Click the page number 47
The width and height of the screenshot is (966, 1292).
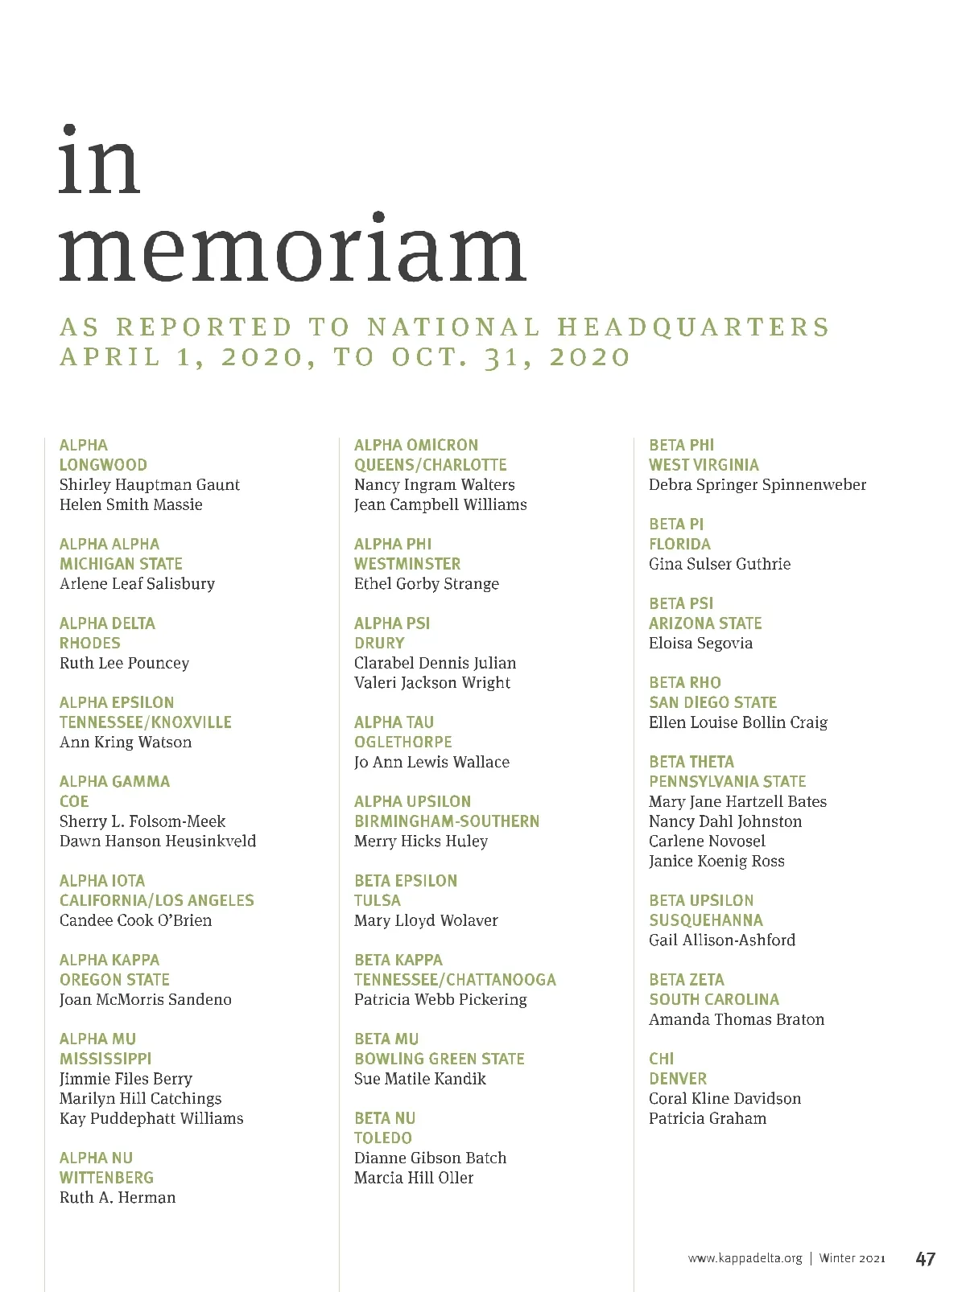pos(925,1258)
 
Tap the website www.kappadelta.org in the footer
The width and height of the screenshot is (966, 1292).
pos(745,1258)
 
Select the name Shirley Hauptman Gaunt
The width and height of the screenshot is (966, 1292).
pos(150,485)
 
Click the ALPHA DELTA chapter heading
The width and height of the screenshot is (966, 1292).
pos(107,623)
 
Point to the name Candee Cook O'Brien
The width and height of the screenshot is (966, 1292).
pos(135,920)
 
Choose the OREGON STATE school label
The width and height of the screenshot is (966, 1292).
pos(114,980)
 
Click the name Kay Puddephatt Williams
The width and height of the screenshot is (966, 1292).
pos(151,1118)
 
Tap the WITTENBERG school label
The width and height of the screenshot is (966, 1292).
pos(106,1178)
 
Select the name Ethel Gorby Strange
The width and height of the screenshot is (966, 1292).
pos(427,584)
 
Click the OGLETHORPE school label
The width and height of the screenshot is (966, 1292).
pos(403,742)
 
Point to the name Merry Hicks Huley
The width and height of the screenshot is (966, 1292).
pos(421,841)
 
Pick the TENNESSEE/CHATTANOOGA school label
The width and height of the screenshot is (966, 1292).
pos(455,980)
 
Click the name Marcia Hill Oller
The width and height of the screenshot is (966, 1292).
pos(414,1178)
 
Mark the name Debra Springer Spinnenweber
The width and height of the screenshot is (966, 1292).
pos(758,485)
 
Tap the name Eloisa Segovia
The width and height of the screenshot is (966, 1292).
pos(700,644)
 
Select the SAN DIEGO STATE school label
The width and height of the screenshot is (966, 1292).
pos(712,702)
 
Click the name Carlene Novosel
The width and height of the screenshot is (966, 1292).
pos(707,841)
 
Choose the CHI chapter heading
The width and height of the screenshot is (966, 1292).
pos(662,1059)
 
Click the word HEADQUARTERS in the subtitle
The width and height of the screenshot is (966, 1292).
pos(693,327)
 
